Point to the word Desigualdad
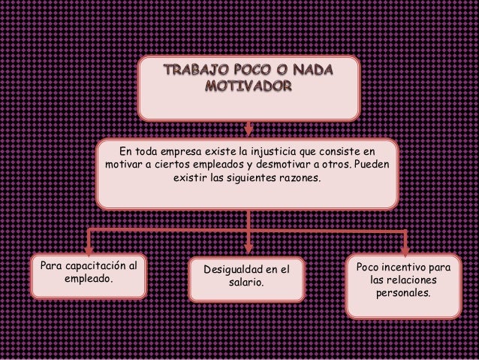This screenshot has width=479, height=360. [230, 269]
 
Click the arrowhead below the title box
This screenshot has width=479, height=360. [249, 129]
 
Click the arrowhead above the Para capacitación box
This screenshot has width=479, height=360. [88, 249]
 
